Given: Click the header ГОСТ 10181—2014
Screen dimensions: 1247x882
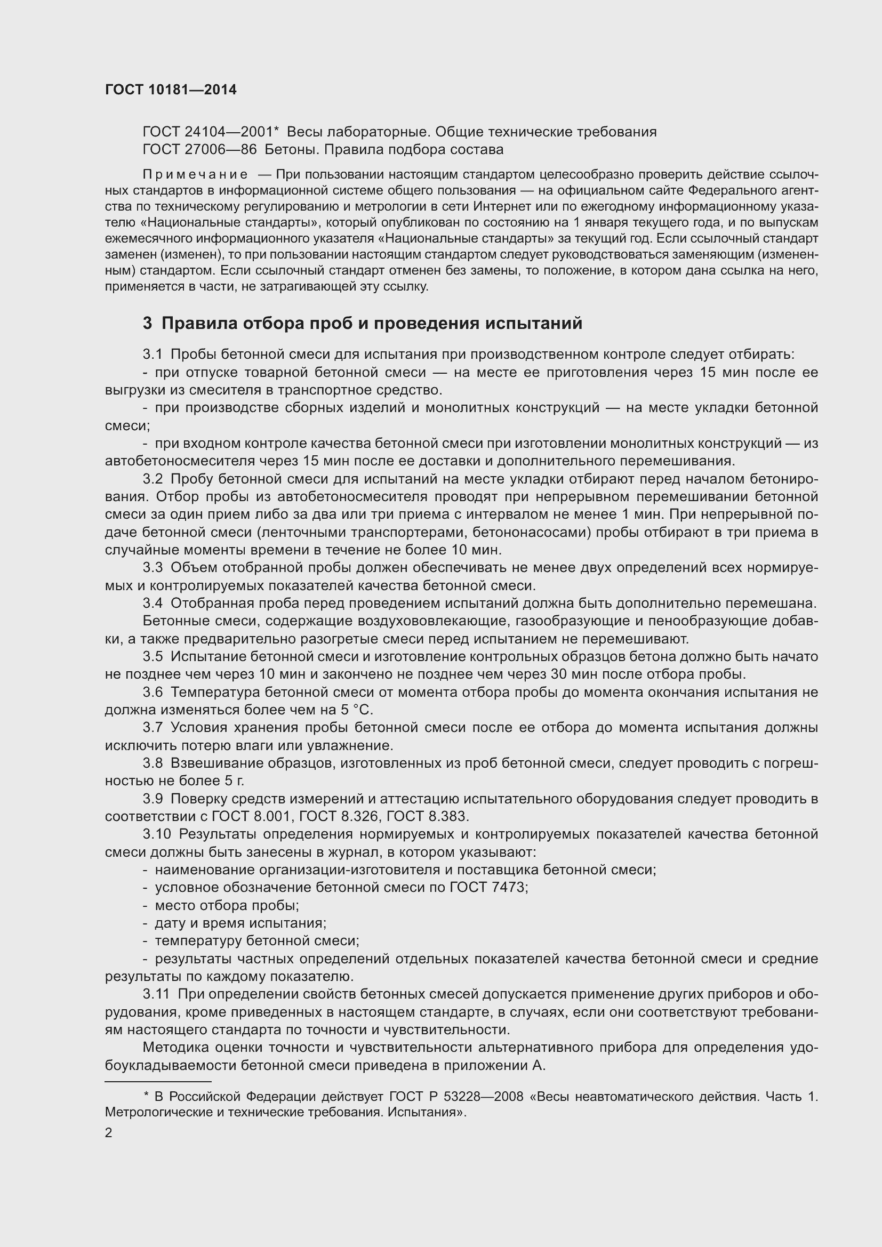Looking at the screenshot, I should [x=171, y=90].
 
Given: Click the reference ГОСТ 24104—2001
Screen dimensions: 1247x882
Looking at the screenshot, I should [x=210, y=132].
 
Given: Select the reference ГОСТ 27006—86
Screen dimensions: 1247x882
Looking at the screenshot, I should [x=199, y=149].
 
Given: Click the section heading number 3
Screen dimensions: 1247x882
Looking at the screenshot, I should [x=147, y=324].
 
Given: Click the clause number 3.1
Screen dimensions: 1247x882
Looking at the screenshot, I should [x=153, y=355].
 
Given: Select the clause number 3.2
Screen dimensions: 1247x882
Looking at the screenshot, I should [x=153, y=479].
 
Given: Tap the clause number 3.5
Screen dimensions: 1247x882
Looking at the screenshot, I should [x=153, y=657].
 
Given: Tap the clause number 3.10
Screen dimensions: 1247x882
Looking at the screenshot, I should [x=156, y=834].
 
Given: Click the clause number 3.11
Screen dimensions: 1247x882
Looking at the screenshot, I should [x=156, y=994].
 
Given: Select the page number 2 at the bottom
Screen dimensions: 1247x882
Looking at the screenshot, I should [x=109, y=1133].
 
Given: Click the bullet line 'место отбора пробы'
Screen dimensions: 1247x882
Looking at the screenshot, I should [x=227, y=905].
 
